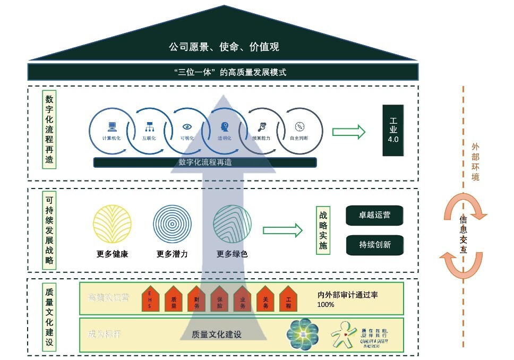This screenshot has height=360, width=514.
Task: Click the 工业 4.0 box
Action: pyautogui.click(x=393, y=130)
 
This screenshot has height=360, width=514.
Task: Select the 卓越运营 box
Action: pyautogui.click(x=374, y=216)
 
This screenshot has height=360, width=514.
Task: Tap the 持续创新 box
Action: pyautogui.click(x=374, y=244)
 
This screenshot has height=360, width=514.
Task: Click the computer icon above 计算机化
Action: pyautogui.click(x=112, y=126)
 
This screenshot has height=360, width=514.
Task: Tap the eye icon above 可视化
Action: pyautogui.click(x=186, y=126)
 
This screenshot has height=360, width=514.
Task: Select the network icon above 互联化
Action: pyautogui.click(x=149, y=126)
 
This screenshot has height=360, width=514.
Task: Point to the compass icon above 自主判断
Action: pyautogui.click(x=298, y=126)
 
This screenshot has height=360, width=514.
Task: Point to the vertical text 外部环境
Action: pyautogui.click(x=475, y=161)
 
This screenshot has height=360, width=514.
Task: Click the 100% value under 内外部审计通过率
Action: pyautogui.click(x=326, y=304)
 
